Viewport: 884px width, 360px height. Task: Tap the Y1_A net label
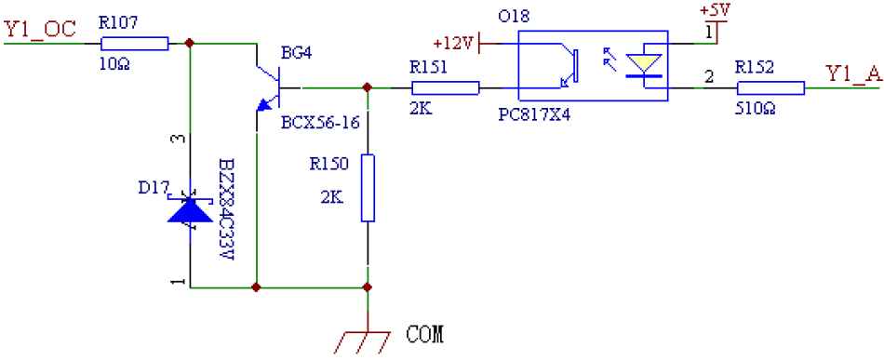tap(853, 74)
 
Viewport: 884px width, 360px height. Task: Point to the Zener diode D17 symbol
tap(190, 209)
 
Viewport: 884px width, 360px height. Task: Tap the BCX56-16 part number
tap(319, 121)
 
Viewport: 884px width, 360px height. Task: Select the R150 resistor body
tap(368, 189)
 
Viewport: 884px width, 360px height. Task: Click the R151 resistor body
tap(445, 88)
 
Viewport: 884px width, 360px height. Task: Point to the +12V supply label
tap(454, 44)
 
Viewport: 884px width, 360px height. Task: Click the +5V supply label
tap(714, 10)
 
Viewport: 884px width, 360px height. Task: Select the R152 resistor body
tap(770, 88)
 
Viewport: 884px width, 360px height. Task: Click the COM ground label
tap(425, 333)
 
